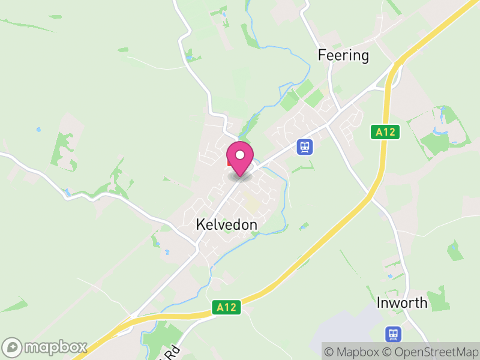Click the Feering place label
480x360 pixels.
[x=343, y=56]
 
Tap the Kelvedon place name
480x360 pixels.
[x=226, y=225]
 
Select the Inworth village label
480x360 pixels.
[x=402, y=303]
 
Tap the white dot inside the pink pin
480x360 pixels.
[x=240, y=155]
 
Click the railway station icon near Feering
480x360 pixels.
[x=305, y=146]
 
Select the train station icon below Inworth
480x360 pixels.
[x=393, y=333]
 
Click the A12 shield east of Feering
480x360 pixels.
[x=384, y=132]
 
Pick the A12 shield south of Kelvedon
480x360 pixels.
[x=226, y=308]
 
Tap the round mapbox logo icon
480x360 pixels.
[x=13, y=347]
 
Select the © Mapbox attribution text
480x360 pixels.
[x=352, y=352]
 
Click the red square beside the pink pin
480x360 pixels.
[x=230, y=161]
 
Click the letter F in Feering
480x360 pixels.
[x=321, y=56]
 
